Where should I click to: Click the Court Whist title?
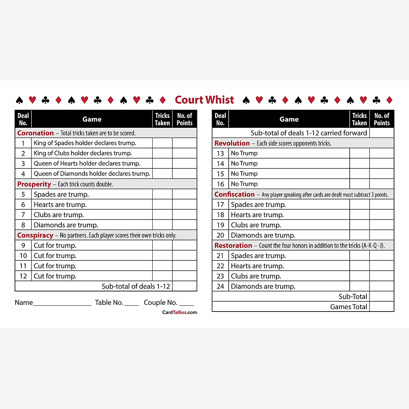tap(204, 100)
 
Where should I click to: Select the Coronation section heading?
tap(35, 133)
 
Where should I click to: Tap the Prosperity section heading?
tap(34, 184)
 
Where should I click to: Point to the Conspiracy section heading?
tap(35, 235)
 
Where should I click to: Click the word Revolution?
tap(232, 143)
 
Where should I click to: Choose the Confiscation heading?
tap(234, 194)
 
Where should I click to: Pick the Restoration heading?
tap(233, 245)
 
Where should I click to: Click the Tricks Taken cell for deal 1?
tap(162, 143)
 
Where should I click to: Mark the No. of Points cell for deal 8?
tap(184, 225)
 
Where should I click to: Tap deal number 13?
tap(220, 153)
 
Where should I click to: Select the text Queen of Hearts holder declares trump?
tap(87, 164)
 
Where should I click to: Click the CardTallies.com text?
tap(180, 312)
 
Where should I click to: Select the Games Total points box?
tap(382, 307)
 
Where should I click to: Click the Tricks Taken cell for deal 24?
tap(360, 286)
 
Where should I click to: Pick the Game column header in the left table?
tap(92, 119)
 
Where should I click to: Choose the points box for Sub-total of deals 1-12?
tap(184, 286)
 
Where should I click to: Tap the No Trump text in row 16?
tap(244, 184)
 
